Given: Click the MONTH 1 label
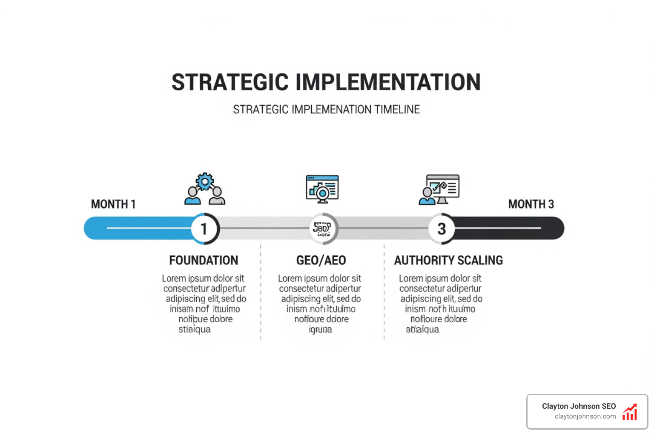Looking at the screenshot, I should coord(113,204).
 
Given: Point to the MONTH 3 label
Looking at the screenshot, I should coord(531,204).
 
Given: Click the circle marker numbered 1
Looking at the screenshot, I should coord(204,229).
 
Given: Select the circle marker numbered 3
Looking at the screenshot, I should coord(442,229).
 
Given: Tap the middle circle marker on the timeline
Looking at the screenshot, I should coord(323,229).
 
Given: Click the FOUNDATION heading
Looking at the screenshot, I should coord(204,261).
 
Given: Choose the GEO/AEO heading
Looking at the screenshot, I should coord(321,261).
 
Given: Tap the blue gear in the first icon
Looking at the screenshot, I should coord(205,182).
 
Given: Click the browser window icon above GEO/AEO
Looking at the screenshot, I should coord(322,188).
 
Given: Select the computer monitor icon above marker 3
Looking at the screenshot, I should coord(443,187).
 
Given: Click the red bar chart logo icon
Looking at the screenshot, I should coord(630,412).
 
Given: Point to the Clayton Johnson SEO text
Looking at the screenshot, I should coord(579,406).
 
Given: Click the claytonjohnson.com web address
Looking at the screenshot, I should coord(585,416).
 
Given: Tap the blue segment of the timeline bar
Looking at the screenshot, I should coord(136,228).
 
